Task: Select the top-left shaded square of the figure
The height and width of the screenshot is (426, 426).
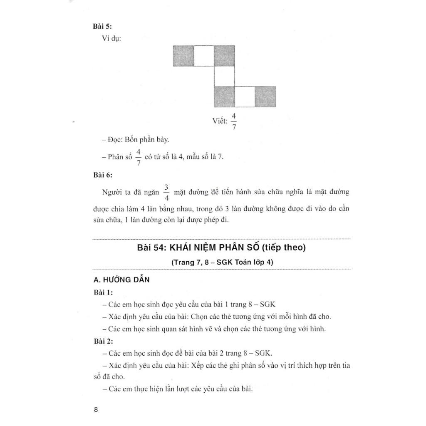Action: pyautogui.click(x=183, y=56)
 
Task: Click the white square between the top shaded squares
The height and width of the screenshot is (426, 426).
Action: pyautogui.click(x=204, y=56)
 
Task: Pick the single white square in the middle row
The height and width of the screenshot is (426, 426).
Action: pyautogui.click(x=224, y=76)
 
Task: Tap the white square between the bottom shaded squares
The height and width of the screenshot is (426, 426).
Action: pyautogui.click(x=245, y=97)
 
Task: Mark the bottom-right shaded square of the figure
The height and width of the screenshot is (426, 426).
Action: pyautogui.click(x=265, y=97)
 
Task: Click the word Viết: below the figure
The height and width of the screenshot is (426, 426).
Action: pyautogui.click(x=220, y=121)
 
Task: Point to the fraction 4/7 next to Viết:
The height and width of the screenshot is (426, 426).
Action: pyautogui.click(x=234, y=121)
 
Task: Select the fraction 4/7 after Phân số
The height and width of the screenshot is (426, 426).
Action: pyautogui.click(x=139, y=157)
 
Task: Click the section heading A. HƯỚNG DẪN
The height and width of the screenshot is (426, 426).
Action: pyautogui.click(x=121, y=280)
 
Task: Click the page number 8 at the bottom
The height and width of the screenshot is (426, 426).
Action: pyautogui.click(x=96, y=409)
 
